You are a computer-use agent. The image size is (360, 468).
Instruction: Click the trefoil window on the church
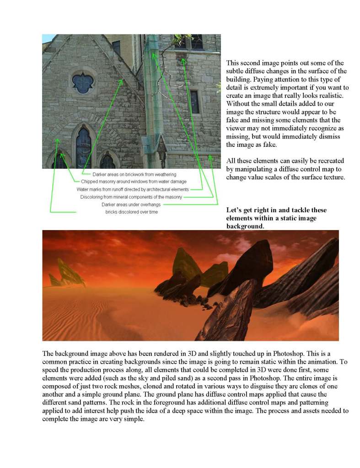(83, 83)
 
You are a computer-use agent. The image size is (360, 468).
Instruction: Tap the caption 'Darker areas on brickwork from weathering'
(134, 175)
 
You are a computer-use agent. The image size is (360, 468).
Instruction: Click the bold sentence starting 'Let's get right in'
(276, 218)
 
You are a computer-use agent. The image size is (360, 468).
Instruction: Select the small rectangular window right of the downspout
(195, 102)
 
